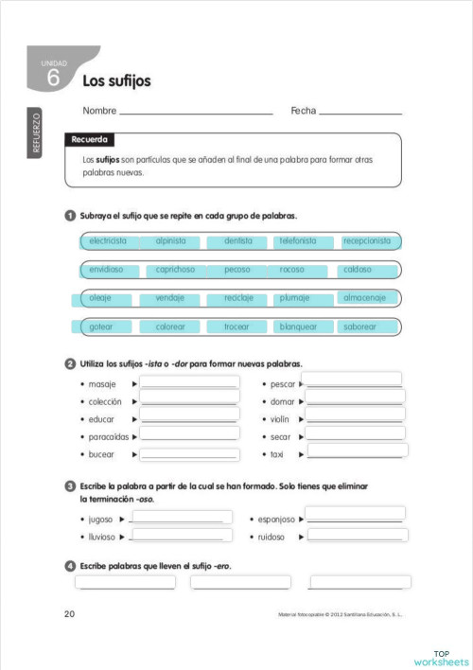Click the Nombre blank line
[196, 113]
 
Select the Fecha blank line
[360, 113]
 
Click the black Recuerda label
[91, 140]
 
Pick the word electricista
[108, 241]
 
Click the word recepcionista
[367, 241]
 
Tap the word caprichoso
[176, 270]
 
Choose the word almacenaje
[366, 297]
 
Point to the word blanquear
[299, 326]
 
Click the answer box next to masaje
[189, 382]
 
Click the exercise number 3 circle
[70, 486]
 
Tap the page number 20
[70, 614]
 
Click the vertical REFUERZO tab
[37, 132]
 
